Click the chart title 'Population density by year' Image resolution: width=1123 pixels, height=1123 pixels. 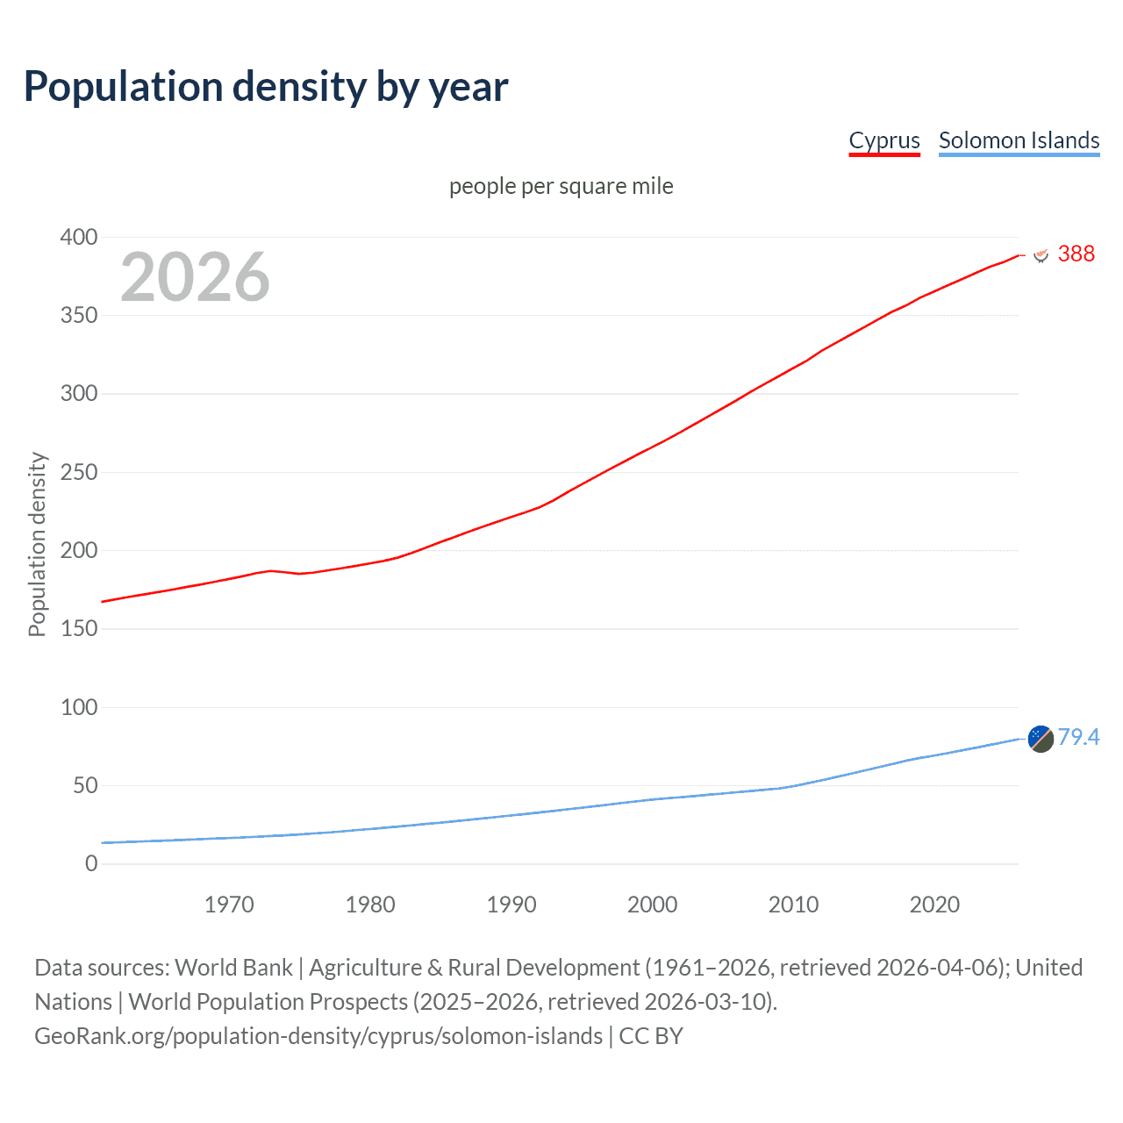click(x=266, y=87)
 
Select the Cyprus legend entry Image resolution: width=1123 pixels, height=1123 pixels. click(x=884, y=140)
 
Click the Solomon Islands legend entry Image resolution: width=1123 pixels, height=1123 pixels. click(x=1019, y=140)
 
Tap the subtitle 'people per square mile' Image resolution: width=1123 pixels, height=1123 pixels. click(x=561, y=186)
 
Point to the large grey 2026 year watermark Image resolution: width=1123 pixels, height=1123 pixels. click(x=195, y=277)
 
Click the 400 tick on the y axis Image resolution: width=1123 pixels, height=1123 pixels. click(x=79, y=237)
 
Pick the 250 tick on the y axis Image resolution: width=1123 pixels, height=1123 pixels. click(x=79, y=472)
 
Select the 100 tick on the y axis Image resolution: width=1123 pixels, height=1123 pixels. click(x=79, y=707)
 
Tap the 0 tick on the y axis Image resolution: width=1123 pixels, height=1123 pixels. click(x=91, y=863)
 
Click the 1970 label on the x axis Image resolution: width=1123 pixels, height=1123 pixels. click(x=229, y=905)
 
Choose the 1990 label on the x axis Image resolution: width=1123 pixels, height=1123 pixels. click(x=511, y=905)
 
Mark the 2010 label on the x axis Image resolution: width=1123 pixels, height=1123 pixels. click(x=793, y=905)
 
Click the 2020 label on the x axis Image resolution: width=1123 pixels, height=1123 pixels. click(x=934, y=905)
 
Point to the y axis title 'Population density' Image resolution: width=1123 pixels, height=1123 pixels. click(x=37, y=544)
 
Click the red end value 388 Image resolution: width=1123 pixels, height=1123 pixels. click(x=1077, y=254)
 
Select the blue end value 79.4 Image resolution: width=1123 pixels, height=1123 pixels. click(x=1078, y=737)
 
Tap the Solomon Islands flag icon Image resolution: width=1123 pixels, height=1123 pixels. click(x=1041, y=739)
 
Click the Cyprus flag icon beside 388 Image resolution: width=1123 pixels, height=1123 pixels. click(x=1041, y=254)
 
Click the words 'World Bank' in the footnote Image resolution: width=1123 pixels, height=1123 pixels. click(x=233, y=968)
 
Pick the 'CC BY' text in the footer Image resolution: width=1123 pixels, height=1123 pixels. click(x=651, y=1036)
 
